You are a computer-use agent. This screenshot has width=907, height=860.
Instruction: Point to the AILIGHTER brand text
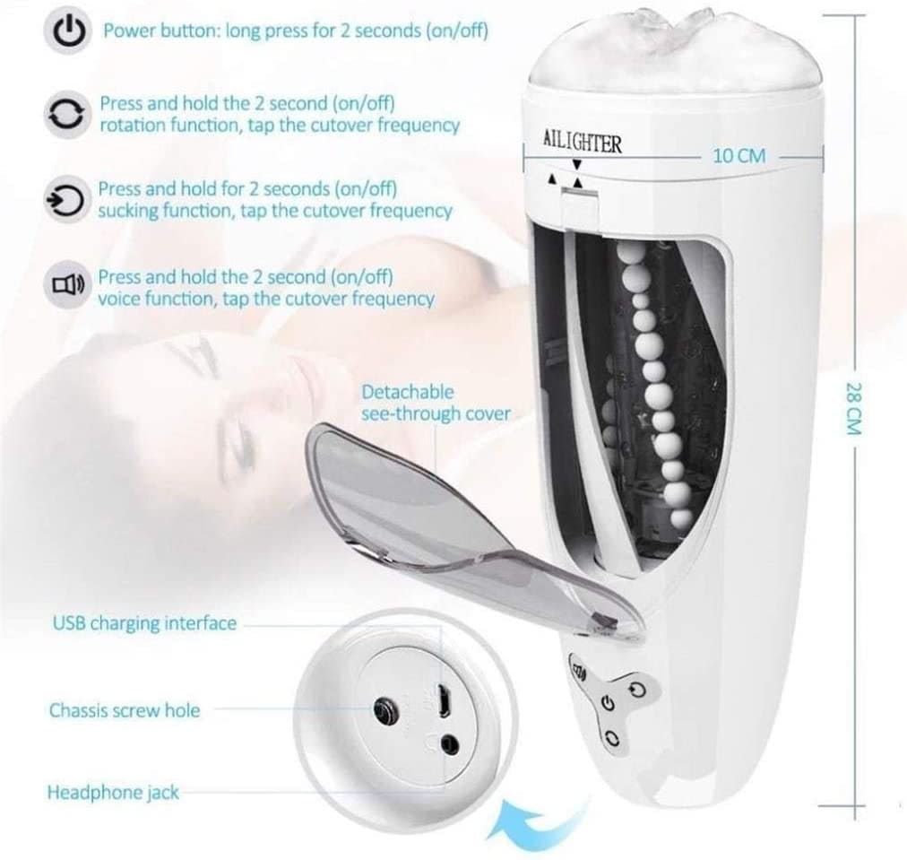click(x=583, y=141)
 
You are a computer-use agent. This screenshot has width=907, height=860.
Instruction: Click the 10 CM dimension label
click(x=739, y=156)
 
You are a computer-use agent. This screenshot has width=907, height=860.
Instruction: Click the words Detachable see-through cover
click(x=436, y=403)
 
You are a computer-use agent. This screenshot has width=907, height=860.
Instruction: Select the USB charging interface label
click(x=144, y=623)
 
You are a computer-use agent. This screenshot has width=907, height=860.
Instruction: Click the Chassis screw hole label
click(x=125, y=710)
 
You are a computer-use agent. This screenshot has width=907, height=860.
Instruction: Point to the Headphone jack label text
click(x=113, y=792)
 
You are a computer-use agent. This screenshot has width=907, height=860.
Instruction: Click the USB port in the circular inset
click(x=444, y=700)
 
